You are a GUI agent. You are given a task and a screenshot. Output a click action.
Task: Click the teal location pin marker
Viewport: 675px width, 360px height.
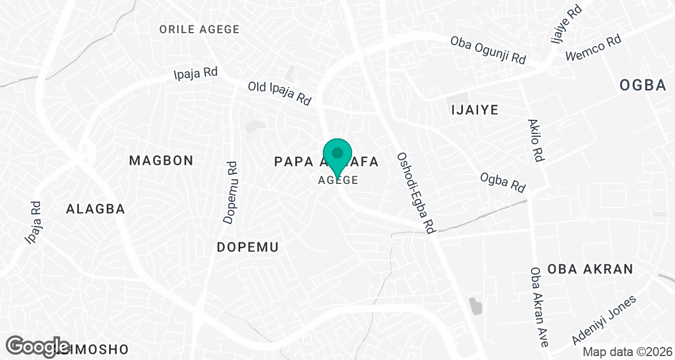(x=337, y=157)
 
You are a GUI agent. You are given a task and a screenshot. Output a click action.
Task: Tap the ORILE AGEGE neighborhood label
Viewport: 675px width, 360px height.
(x=199, y=29)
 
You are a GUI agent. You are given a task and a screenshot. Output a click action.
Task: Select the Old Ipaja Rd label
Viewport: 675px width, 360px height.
(x=280, y=94)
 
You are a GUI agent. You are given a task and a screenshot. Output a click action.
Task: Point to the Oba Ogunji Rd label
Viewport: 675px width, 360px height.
(x=488, y=51)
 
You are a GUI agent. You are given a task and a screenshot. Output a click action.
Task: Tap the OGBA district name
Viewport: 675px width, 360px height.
(x=642, y=85)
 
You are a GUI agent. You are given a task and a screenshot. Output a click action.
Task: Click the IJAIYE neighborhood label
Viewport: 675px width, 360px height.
(x=475, y=110)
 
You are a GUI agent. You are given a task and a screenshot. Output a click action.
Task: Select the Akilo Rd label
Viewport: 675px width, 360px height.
(x=535, y=141)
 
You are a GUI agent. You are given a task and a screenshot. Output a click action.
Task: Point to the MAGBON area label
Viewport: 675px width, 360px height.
(x=161, y=160)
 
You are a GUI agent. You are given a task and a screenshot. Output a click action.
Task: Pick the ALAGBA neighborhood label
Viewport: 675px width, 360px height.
(x=95, y=209)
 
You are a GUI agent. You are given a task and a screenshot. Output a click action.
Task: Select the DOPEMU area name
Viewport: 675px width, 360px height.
(x=248, y=247)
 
